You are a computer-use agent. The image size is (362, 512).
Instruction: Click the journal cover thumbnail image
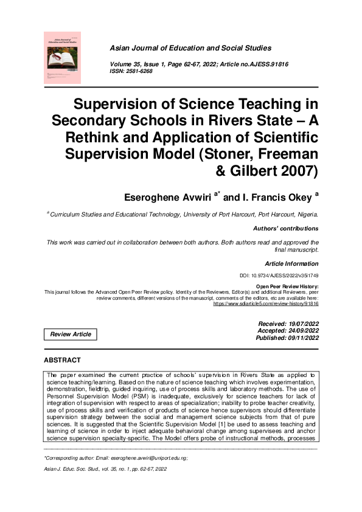click(63, 57)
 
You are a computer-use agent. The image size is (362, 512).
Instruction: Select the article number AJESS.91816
click(268, 64)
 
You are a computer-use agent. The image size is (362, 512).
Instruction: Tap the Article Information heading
click(292, 264)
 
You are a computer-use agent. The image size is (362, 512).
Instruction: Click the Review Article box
click(71, 334)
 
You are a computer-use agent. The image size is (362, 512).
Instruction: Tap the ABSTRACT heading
click(63, 361)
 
